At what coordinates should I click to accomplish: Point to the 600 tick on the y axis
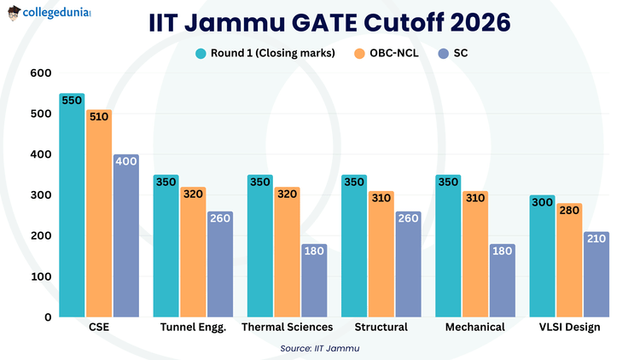(x=39, y=73)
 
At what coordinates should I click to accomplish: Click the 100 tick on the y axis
(x=39, y=276)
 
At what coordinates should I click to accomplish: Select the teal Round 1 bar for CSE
(x=72, y=205)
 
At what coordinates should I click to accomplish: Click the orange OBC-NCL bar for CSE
(x=99, y=213)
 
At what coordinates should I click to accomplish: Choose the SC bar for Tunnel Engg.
(x=219, y=264)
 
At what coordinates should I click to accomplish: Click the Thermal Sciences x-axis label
(x=287, y=328)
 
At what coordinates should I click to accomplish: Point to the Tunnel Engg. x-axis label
(x=193, y=328)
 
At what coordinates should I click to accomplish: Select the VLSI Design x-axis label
(x=569, y=328)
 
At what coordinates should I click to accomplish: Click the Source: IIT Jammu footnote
(x=320, y=348)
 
